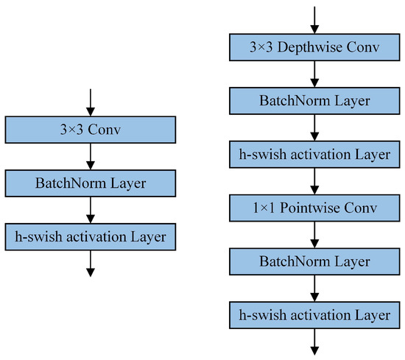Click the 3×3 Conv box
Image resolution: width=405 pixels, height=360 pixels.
click(x=91, y=130)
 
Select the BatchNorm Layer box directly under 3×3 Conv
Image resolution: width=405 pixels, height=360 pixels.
click(x=91, y=183)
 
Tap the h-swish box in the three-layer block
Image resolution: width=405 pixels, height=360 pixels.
click(x=91, y=236)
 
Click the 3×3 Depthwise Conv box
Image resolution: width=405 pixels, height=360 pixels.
click(x=315, y=49)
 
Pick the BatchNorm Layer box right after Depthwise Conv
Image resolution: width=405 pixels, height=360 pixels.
click(x=315, y=102)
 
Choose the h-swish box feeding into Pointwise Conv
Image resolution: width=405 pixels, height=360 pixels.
click(x=315, y=155)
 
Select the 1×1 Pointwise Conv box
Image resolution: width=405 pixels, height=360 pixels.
click(x=315, y=208)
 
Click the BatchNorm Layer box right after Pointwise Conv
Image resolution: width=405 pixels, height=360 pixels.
click(x=315, y=262)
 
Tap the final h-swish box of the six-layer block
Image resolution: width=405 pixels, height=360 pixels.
click(x=315, y=315)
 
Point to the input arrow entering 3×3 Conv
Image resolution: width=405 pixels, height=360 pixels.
click(x=91, y=102)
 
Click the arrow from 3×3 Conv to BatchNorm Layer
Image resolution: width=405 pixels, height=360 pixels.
click(x=91, y=156)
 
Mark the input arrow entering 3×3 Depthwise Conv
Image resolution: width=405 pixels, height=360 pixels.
click(x=315, y=20)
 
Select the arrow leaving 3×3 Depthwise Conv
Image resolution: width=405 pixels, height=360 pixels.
click(x=315, y=75)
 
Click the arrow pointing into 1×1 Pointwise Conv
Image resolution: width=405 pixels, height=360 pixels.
click(x=315, y=182)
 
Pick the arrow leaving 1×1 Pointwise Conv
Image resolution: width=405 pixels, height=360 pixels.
click(x=315, y=236)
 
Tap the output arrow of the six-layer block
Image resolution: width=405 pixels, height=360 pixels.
click(x=315, y=342)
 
